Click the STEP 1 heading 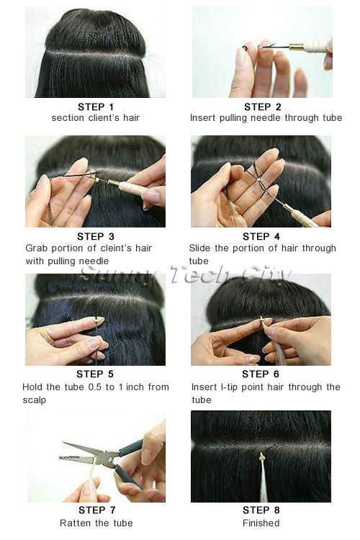click(x=96, y=107)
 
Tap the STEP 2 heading click(x=263, y=107)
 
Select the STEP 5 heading click(x=95, y=374)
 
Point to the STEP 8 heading click(x=261, y=510)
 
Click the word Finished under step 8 click(x=261, y=523)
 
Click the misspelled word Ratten click(x=73, y=523)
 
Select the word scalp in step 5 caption click(x=34, y=400)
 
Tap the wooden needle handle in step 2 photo click(x=315, y=46)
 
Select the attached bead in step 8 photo click(x=262, y=456)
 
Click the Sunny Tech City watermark click(x=185, y=274)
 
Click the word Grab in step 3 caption click(x=35, y=248)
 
